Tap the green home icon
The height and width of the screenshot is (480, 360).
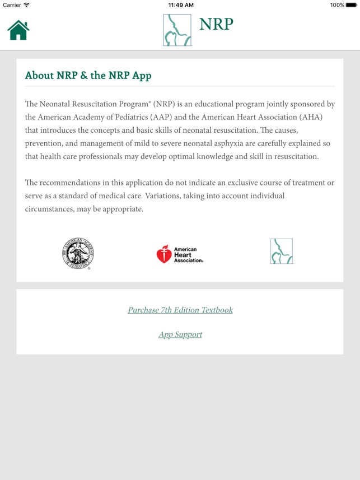pos(18,30)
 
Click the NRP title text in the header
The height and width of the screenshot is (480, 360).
pos(216,24)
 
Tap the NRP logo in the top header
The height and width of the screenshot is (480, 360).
pos(177,30)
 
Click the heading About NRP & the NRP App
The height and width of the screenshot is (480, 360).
pos(88,75)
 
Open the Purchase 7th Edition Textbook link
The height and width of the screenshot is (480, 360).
pos(180,310)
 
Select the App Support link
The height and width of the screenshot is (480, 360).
pos(180,334)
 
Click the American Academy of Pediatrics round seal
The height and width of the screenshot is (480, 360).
pos(77,253)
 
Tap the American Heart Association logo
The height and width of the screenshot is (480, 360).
pos(179,254)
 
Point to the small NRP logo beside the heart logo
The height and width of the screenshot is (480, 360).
pos(282,251)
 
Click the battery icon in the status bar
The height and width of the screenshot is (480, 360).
pos(352,5)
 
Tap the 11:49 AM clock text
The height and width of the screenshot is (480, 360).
pos(180,5)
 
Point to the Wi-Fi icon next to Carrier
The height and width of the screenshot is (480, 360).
pos(26,5)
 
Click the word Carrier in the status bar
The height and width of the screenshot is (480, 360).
pos(12,5)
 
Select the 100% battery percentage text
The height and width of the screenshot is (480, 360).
pos(337,5)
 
